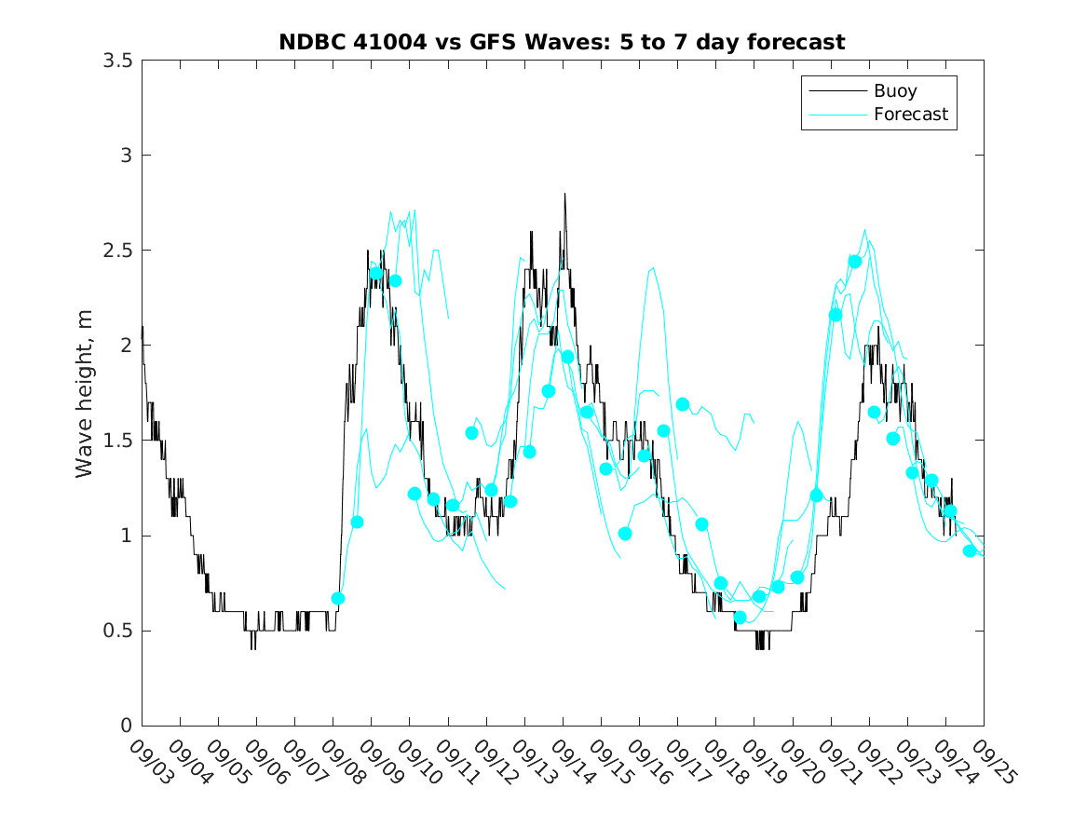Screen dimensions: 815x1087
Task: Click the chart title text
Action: click(x=562, y=42)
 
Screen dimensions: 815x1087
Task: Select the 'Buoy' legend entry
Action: click(x=894, y=91)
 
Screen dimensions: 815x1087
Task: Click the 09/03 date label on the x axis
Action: click(x=151, y=762)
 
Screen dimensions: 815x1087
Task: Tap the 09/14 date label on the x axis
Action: click(x=572, y=762)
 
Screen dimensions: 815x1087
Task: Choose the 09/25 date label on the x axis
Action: click(x=993, y=762)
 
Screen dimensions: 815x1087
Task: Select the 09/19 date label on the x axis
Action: click(x=763, y=762)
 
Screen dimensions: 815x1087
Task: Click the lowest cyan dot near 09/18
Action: click(x=741, y=618)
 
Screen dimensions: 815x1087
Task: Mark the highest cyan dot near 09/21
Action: click(x=855, y=262)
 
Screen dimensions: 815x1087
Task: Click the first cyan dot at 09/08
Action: click(x=338, y=598)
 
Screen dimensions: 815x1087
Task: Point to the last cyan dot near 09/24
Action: click(x=970, y=550)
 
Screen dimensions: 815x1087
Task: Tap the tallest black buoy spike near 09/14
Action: click(x=564, y=194)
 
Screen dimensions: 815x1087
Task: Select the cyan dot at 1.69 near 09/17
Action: click(x=683, y=404)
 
